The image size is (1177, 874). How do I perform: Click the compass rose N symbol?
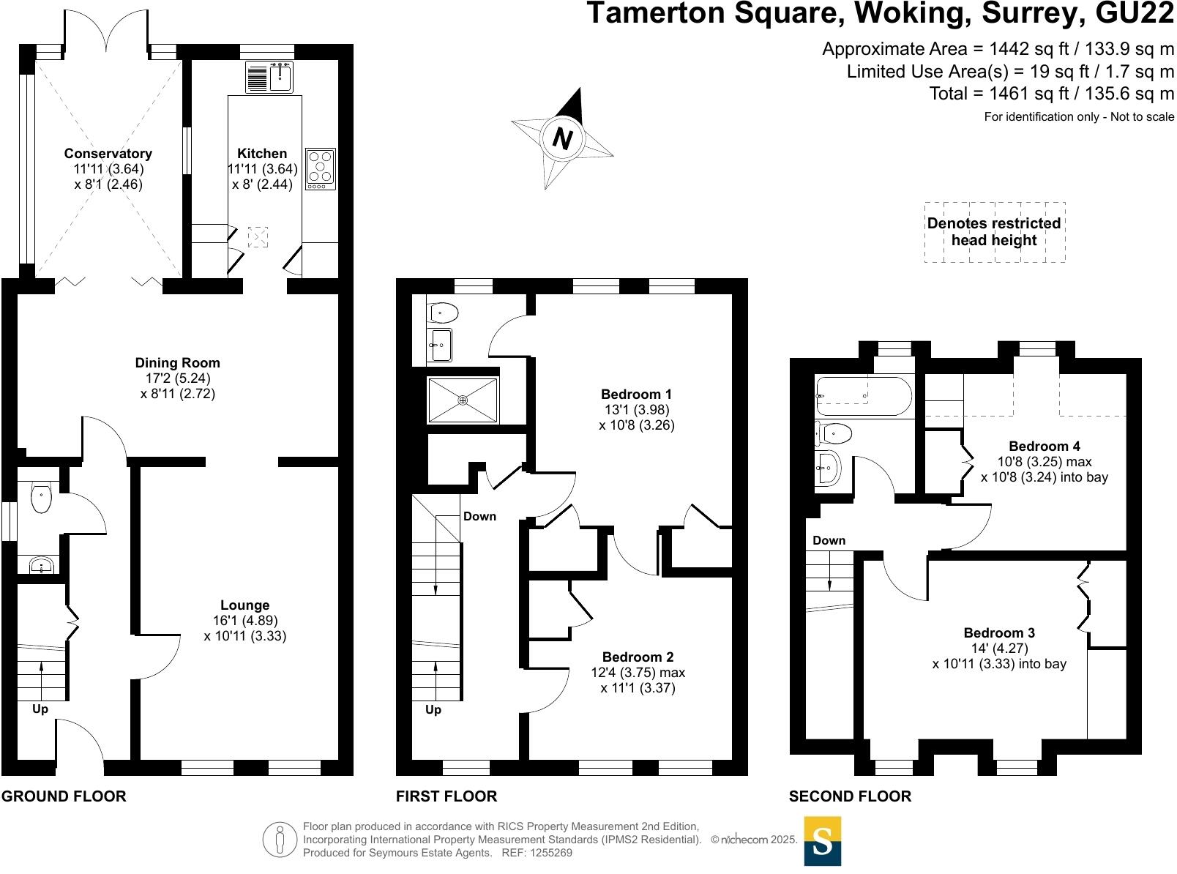(x=562, y=138)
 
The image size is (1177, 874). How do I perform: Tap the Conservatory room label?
(x=108, y=153)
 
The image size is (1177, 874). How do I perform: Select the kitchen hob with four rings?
(x=321, y=169)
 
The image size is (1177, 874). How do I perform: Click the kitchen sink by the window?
(x=280, y=77)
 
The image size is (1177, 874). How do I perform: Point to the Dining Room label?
(x=177, y=362)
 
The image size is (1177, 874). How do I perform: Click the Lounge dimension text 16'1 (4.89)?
(x=244, y=621)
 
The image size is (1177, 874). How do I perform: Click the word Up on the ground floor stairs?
(x=40, y=709)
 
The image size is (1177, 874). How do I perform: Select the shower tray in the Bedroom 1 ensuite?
(x=463, y=400)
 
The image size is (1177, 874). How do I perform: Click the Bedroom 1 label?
(x=636, y=394)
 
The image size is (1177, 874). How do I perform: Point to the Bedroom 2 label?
(x=638, y=657)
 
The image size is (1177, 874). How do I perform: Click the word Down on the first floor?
(x=479, y=516)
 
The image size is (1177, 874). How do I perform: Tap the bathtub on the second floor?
(x=864, y=396)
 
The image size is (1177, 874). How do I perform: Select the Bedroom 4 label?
(x=1044, y=446)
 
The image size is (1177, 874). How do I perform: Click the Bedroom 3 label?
(x=999, y=632)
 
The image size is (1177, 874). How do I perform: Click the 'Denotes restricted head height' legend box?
(x=994, y=232)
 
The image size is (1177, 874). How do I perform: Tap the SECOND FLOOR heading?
(x=850, y=796)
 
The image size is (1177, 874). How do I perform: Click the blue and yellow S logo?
(x=823, y=841)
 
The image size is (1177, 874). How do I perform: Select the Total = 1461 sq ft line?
(x=1051, y=94)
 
